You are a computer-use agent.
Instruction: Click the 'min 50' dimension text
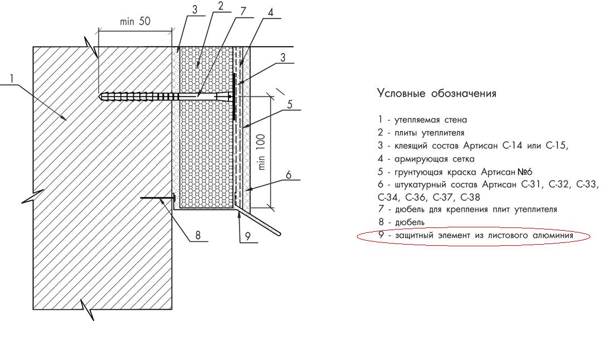pyautogui.click(x=135, y=21)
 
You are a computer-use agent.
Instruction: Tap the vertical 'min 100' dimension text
pyautogui.click(x=261, y=152)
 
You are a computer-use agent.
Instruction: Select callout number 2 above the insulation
pyautogui.click(x=220, y=6)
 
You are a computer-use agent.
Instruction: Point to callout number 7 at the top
pyautogui.click(x=243, y=11)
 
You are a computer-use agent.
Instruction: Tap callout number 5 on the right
pyautogui.click(x=290, y=104)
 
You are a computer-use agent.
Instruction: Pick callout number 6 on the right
pyautogui.click(x=289, y=175)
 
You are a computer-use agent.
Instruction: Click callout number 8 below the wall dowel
pyautogui.click(x=198, y=235)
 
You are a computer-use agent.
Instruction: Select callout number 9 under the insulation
pyautogui.click(x=248, y=236)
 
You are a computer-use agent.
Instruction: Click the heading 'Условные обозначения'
pyautogui.click(x=436, y=93)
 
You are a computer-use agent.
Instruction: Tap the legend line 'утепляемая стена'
pyautogui.click(x=431, y=120)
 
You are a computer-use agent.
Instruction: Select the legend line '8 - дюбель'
pyautogui.click(x=401, y=222)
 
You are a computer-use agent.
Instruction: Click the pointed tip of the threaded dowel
pyautogui.click(x=100, y=95)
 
